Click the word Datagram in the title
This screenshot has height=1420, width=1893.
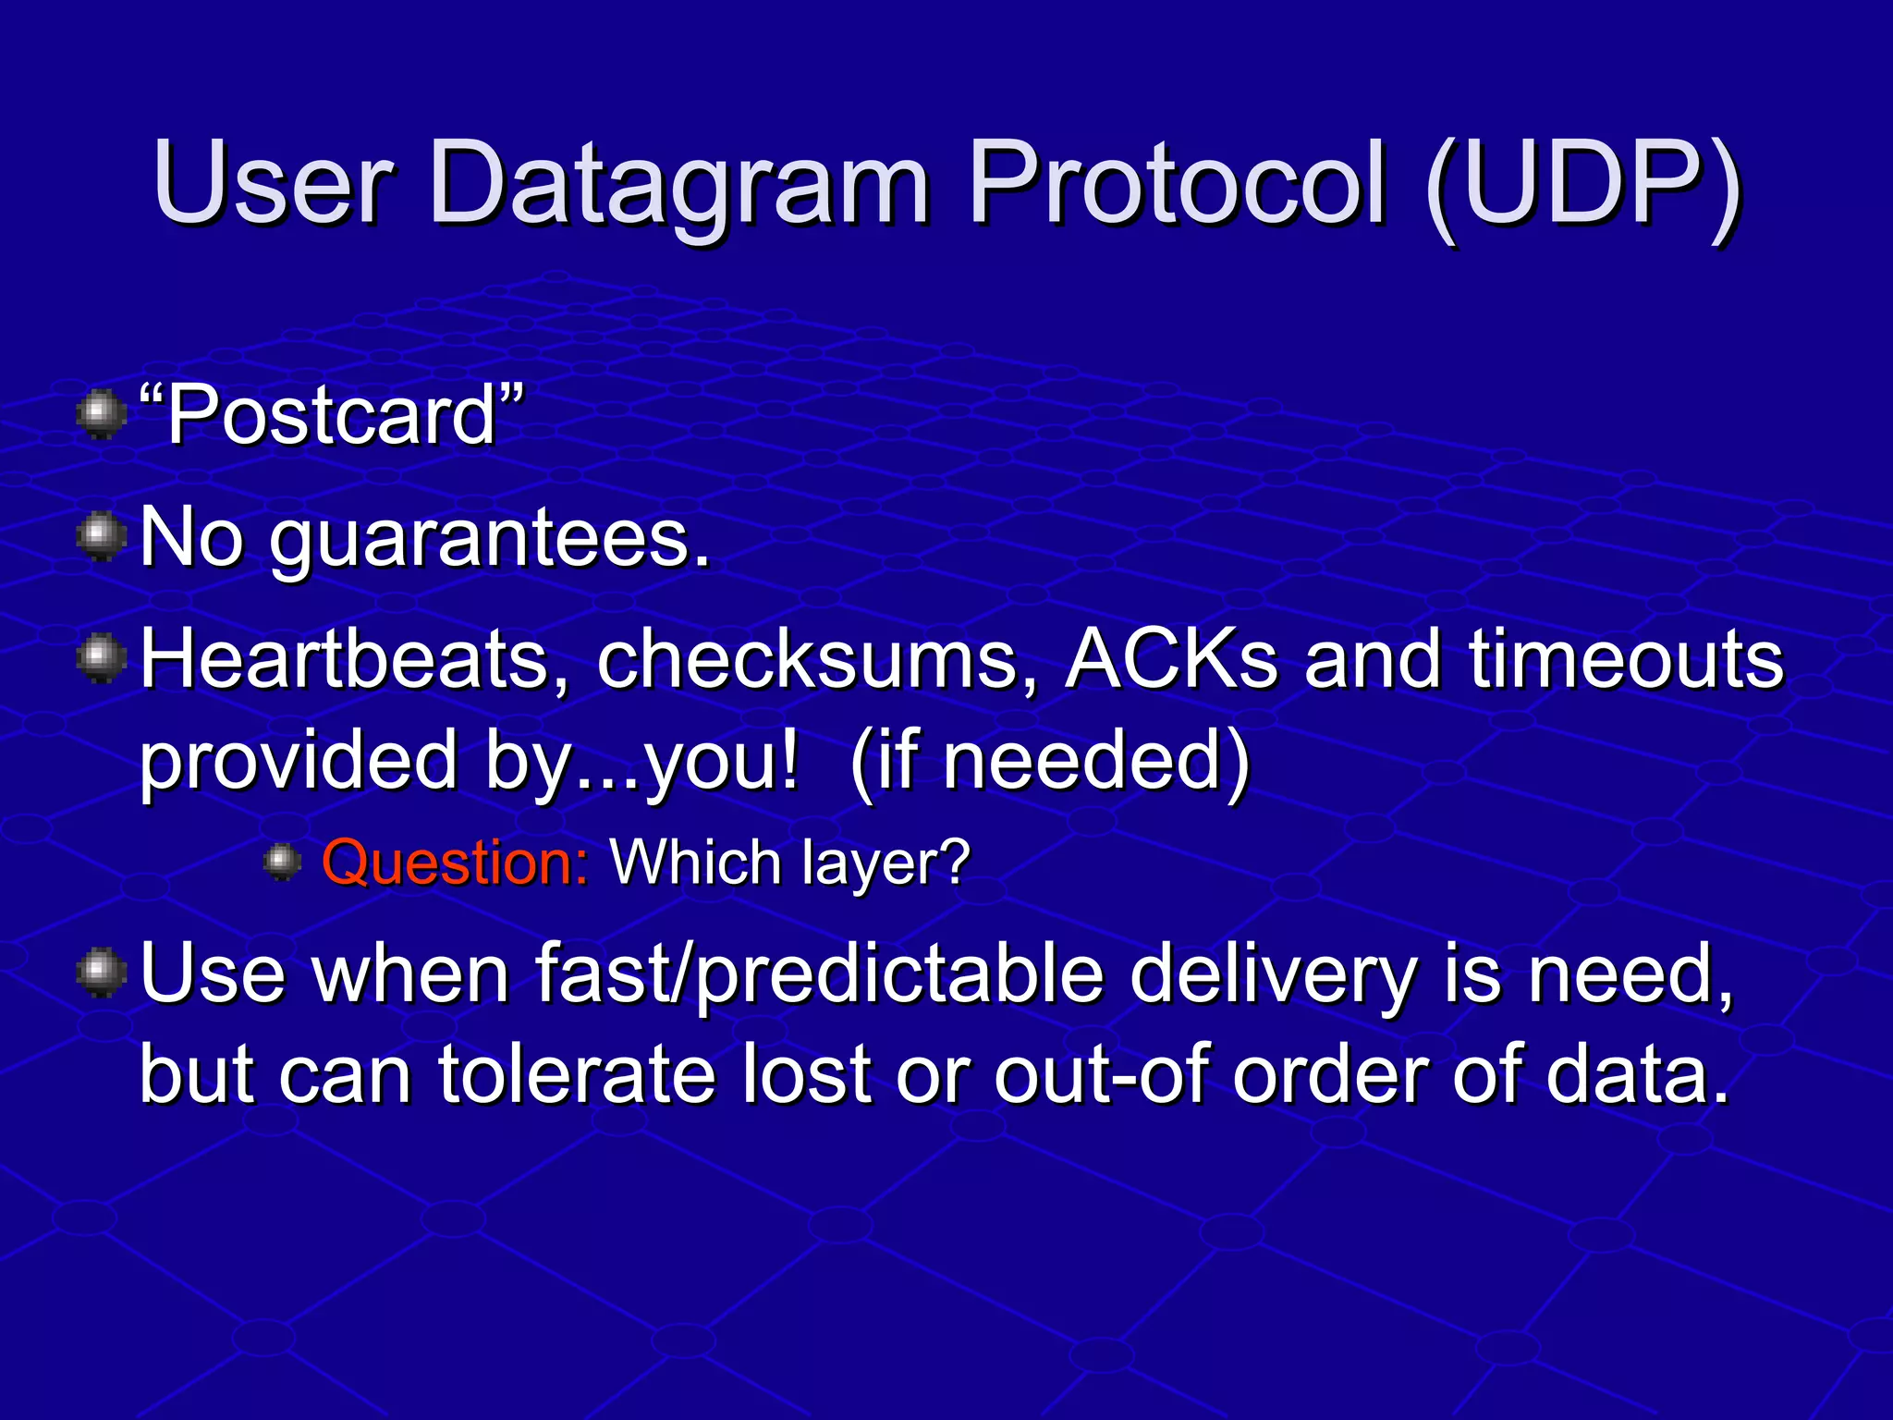679,185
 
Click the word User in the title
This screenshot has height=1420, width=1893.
274,185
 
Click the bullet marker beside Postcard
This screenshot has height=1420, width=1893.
102,416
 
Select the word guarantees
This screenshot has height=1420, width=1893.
490,540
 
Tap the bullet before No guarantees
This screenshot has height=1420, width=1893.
102,538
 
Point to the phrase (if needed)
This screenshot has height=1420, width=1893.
1049,762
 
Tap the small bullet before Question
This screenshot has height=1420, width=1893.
282,863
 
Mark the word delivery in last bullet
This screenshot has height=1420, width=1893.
1272,976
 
